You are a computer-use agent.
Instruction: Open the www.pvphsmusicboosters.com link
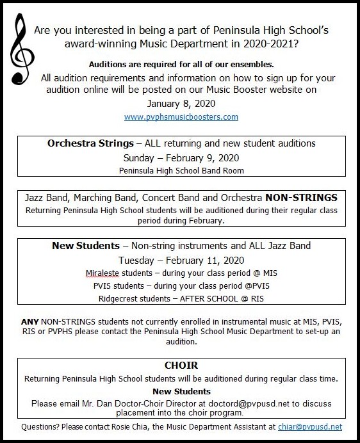pyautogui.click(x=181, y=117)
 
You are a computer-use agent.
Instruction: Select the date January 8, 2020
pyautogui.click(x=181, y=103)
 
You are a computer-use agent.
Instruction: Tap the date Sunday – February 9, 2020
pyautogui.click(x=181, y=157)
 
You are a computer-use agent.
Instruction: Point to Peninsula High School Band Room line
pyautogui.click(x=181, y=171)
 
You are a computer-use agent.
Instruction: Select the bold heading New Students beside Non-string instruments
pyautogui.click(x=86, y=246)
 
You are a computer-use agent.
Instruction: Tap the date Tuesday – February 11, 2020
pyautogui.click(x=181, y=260)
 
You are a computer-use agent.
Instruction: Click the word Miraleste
pyautogui.click(x=106, y=273)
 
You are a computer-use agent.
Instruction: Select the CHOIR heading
pyautogui.click(x=181, y=366)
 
